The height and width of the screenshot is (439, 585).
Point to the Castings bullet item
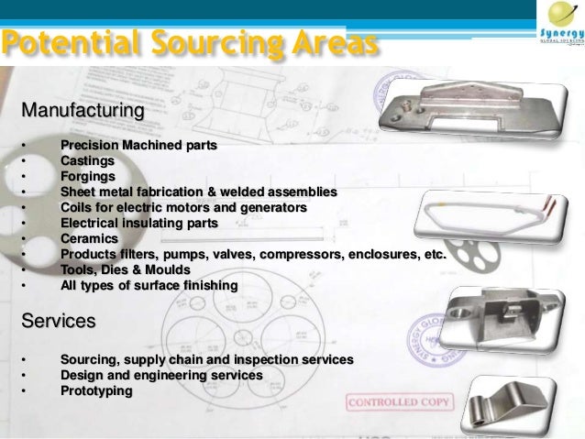[87, 160]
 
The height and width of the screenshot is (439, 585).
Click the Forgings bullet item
[88, 176]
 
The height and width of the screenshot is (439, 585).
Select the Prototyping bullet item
[95, 391]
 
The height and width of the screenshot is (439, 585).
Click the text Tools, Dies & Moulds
[126, 269]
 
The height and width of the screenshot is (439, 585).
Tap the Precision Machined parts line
[132, 145]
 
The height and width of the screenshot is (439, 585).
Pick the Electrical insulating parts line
[138, 223]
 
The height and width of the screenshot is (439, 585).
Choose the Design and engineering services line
[160, 376]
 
